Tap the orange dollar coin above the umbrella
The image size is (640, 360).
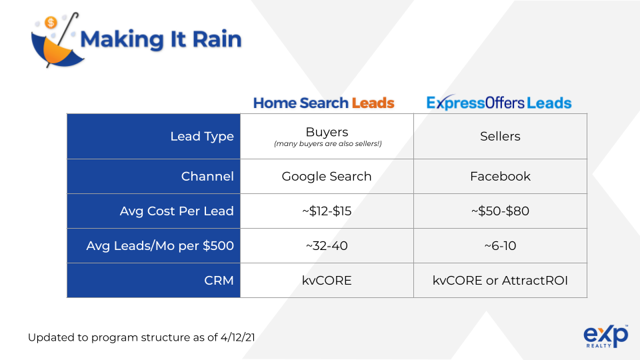(51, 23)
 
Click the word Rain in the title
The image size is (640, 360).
(217, 39)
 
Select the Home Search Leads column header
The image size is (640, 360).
(324, 103)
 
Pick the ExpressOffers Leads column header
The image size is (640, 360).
(499, 103)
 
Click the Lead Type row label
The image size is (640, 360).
(202, 136)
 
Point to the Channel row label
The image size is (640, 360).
(207, 176)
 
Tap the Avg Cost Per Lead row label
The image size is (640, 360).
(177, 211)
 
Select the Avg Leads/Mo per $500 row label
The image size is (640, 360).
(160, 246)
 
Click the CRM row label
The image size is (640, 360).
(219, 281)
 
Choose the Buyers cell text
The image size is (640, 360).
(327, 132)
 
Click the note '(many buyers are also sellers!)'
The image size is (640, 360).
(328, 144)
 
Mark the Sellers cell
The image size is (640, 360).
(500, 136)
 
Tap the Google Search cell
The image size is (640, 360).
(327, 176)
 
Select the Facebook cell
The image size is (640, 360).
(500, 176)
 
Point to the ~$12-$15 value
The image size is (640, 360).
(327, 211)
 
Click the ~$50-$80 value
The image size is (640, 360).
(500, 211)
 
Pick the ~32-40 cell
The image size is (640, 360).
(327, 246)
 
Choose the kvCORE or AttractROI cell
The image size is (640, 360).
(500, 281)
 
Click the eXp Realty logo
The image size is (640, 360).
(605, 336)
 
